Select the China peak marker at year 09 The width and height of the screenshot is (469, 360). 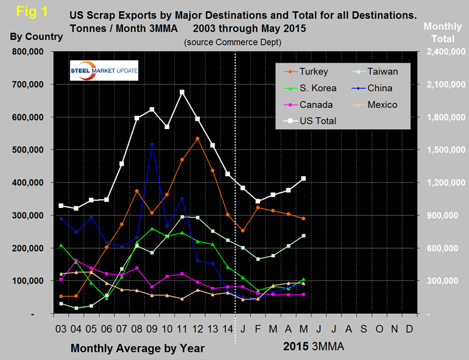pyautogui.click(x=152, y=144)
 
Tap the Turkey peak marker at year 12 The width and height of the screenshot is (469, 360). pyautogui.click(x=197, y=138)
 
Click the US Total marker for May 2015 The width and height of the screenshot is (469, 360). pyautogui.click(x=303, y=178)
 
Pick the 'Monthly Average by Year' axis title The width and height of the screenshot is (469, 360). pyautogui.click(x=138, y=348)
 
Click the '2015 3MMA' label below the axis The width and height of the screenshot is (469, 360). pyautogui.click(x=316, y=347)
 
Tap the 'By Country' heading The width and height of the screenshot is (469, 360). pyautogui.click(x=36, y=37)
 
